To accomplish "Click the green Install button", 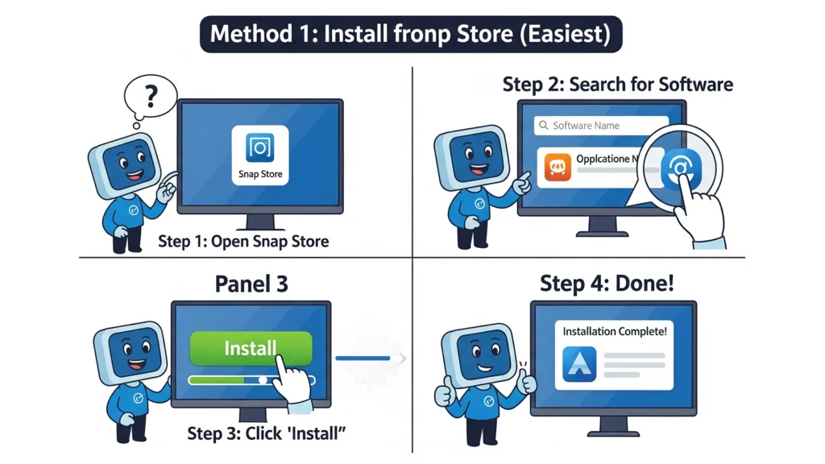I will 249,349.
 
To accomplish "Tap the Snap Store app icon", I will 260,147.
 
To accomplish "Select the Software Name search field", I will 600,126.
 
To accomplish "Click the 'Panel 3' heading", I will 251,284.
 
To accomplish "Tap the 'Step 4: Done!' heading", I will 606,284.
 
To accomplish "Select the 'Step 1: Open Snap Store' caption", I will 243,241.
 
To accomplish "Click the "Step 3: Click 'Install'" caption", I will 266,433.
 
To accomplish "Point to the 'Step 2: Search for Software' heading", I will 617,84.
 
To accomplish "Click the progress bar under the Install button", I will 251,379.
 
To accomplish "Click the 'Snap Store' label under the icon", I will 260,174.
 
